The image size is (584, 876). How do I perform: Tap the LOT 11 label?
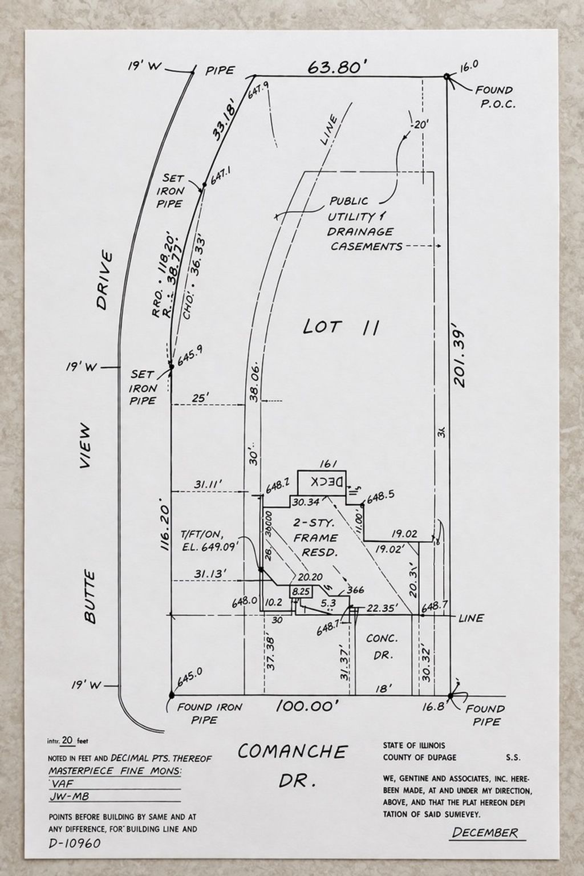pyautogui.click(x=341, y=327)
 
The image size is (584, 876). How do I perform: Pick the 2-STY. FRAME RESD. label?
pyautogui.click(x=315, y=537)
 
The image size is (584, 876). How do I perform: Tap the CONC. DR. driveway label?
pyautogui.click(x=382, y=647)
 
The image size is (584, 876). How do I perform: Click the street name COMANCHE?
pyautogui.click(x=292, y=752)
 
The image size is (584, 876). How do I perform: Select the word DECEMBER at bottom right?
pyautogui.click(x=485, y=833)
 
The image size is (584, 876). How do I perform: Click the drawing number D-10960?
pyautogui.click(x=74, y=843)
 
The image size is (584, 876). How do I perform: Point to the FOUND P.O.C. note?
pyautogui.click(x=495, y=97)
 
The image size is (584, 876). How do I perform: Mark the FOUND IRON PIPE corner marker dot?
pyautogui.click(x=171, y=695)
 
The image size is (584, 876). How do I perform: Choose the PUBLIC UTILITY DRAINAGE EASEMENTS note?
pyautogui.click(x=360, y=224)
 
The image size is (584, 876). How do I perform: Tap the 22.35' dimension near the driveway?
pyautogui.click(x=382, y=609)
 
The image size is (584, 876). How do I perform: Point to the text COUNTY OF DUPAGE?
pyautogui.click(x=420, y=757)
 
